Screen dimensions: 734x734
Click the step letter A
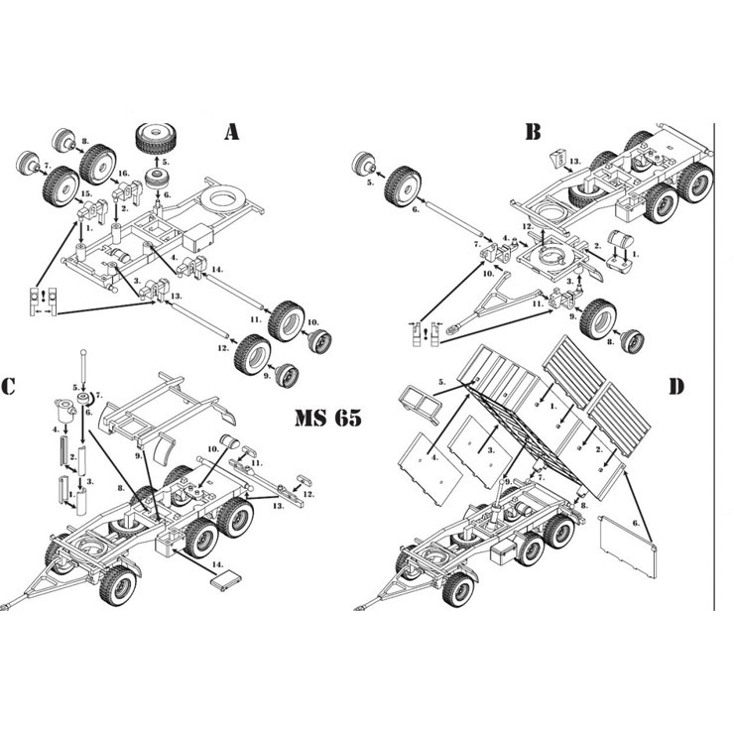232,132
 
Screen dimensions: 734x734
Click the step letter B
533,131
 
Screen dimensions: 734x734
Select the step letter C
10,386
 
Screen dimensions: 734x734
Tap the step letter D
675,385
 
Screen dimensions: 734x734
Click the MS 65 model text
327,417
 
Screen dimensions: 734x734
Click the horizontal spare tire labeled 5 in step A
155,138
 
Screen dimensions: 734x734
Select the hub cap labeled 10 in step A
320,340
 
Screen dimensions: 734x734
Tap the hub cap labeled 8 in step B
631,343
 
